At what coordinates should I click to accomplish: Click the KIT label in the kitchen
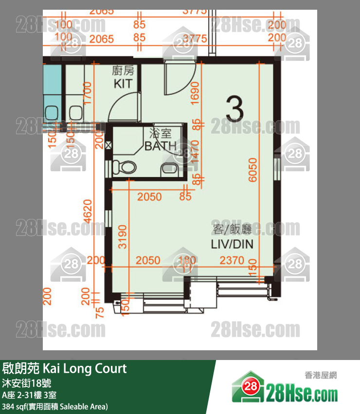click(x=123, y=84)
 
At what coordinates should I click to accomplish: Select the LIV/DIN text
click(x=232, y=244)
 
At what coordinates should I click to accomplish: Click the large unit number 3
click(x=234, y=110)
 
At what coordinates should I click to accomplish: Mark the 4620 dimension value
click(x=88, y=211)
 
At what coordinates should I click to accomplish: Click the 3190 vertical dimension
click(x=123, y=236)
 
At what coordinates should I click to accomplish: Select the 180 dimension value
click(x=187, y=261)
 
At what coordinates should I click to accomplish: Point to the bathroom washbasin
click(x=169, y=169)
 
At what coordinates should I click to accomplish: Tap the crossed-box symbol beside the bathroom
click(x=108, y=144)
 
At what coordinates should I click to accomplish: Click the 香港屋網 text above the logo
click(x=320, y=375)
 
